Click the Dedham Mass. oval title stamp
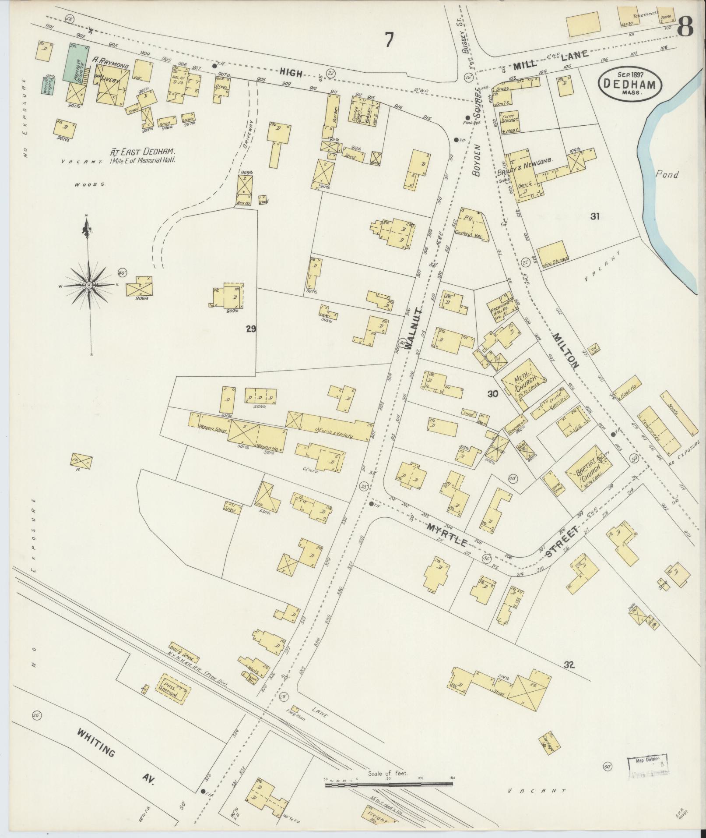(630, 84)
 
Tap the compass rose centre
(89, 285)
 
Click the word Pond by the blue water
(667, 175)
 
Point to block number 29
(251, 329)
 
